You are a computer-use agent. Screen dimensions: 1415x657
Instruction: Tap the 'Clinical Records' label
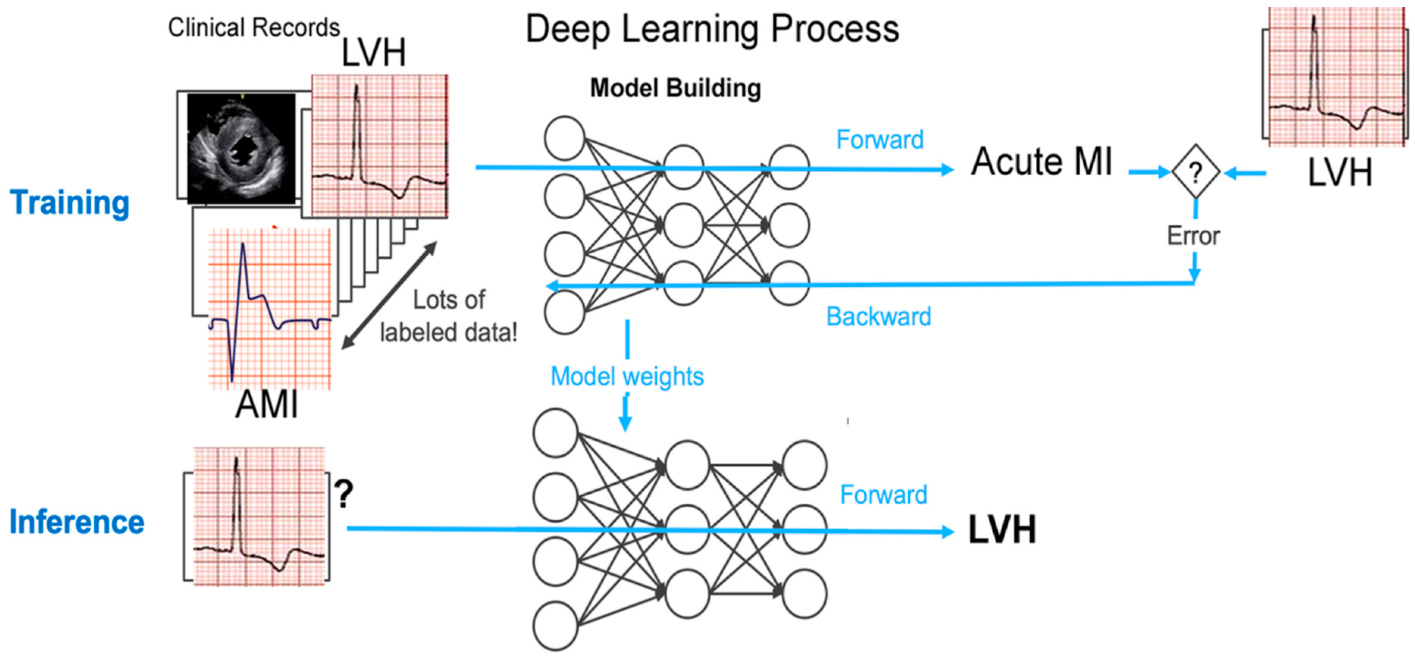pyautogui.click(x=254, y=27)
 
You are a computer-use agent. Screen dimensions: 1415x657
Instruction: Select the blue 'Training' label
pyautogui.click(x=70, y=203)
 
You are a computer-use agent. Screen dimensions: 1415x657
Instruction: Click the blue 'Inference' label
pyautogui.click(x=77, y=521)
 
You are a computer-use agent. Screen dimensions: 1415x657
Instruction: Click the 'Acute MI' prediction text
pyautogui.click(x=1041, y=162)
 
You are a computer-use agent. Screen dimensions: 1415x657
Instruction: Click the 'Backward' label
pyautogui.click(x=879, y=317)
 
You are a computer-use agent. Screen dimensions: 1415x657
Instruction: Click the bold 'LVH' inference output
pyautogui.click(x=1002, y=530)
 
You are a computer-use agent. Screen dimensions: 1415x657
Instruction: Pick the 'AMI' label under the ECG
pyautogui.click(x=267, y=405)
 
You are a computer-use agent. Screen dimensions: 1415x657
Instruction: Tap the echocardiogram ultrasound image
pyautogui.click(x=241, y=148)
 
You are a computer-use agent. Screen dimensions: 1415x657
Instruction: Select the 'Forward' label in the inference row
pyautogui.click(x=884, y=495)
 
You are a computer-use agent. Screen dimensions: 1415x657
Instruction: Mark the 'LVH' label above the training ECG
pyautogui.click(x=374, y=53)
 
